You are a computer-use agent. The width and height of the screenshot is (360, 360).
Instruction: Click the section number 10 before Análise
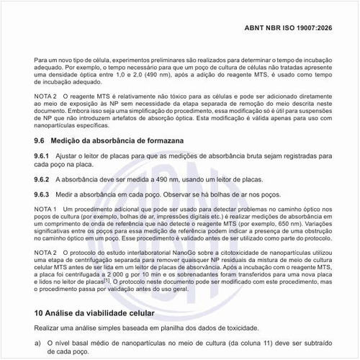[x=40, y=314]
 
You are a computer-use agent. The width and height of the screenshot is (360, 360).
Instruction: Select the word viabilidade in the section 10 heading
[x=105, y=314]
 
